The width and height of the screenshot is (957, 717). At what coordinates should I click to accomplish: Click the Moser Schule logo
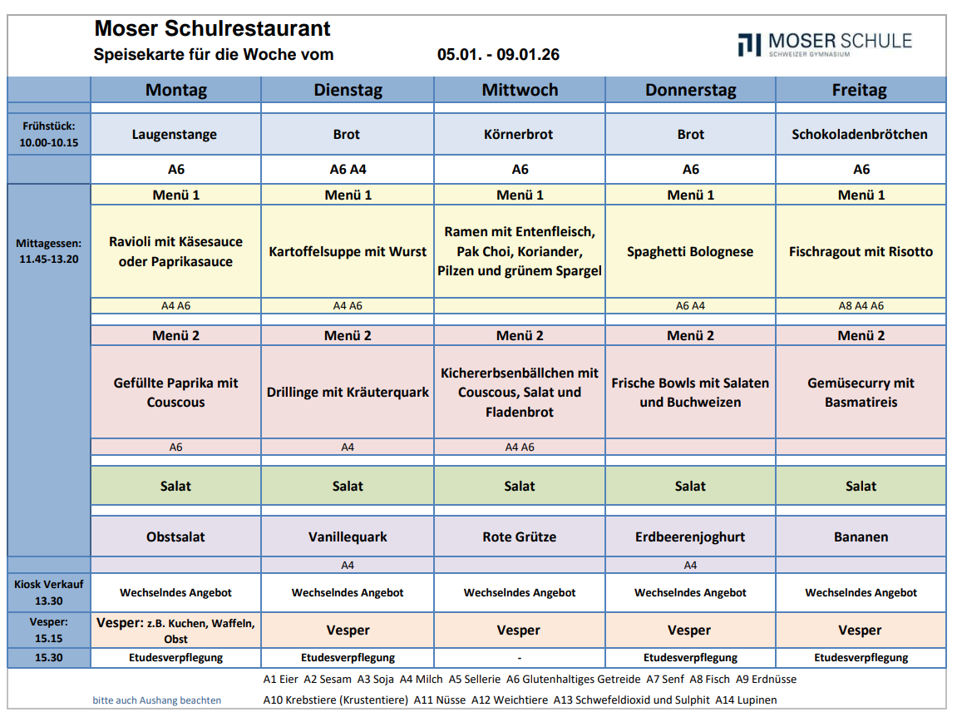824,44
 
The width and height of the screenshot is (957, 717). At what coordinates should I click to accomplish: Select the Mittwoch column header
520,90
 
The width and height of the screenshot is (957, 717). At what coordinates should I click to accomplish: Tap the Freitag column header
860,90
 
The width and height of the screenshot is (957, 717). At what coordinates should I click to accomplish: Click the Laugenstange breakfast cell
175,134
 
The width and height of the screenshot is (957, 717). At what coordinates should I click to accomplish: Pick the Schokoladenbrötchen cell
860,134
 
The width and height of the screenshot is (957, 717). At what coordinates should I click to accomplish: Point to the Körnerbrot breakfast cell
520,134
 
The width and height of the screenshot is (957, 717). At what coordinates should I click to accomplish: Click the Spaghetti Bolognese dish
690,251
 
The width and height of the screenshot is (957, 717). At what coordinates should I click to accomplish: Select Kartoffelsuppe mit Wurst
348,251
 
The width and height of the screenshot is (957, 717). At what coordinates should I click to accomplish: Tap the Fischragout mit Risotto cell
861,251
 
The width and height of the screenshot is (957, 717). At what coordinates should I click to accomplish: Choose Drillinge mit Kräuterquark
348,392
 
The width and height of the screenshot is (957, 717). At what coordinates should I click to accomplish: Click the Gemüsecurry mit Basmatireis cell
861,392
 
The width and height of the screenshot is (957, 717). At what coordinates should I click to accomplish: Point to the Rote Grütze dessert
520,537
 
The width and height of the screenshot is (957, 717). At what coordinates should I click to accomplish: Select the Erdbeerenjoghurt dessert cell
690,537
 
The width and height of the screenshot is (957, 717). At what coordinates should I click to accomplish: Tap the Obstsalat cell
175,537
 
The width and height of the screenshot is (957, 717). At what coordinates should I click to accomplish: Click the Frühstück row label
49,134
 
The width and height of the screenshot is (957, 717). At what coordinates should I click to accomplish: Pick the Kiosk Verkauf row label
49,592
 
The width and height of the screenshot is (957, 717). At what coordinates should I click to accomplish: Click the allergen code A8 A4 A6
861,305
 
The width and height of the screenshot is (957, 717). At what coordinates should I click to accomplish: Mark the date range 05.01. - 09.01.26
498,55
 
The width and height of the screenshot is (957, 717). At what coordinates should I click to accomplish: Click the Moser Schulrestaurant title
212,29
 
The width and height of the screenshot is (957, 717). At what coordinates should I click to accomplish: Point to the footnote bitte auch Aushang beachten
157,700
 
